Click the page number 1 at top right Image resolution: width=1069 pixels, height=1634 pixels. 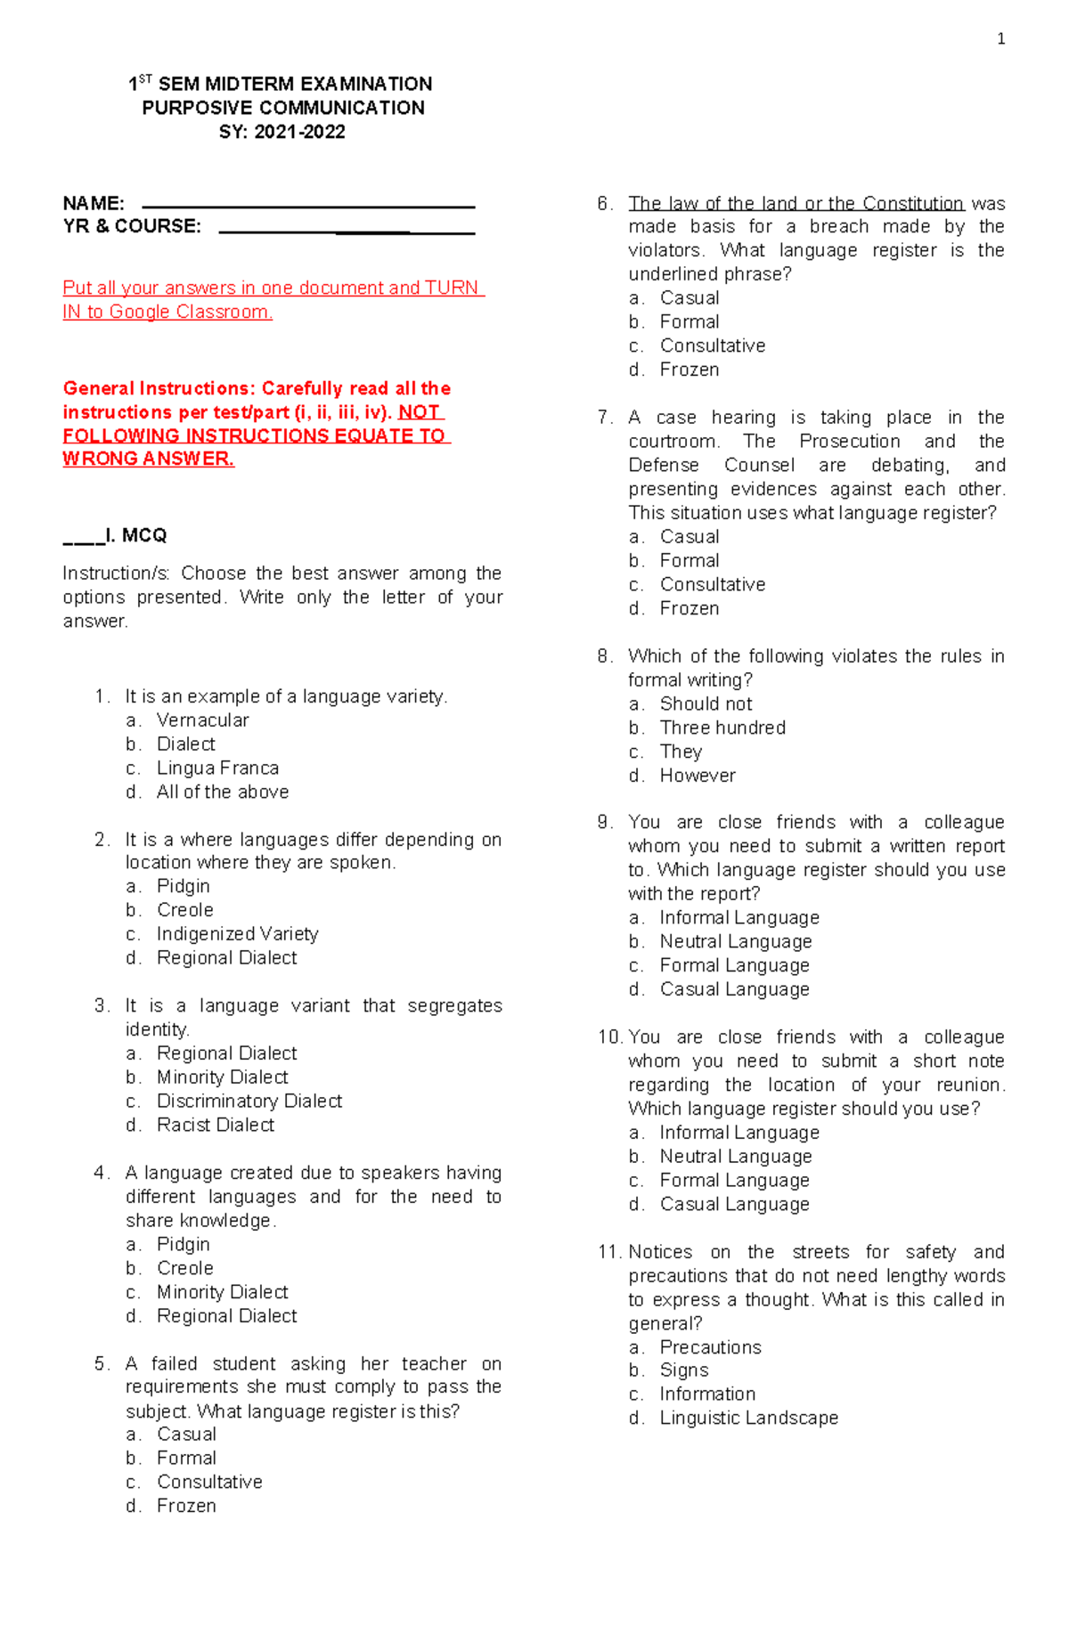coord(1001,38)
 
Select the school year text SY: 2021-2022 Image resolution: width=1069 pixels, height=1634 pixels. coord(282,133)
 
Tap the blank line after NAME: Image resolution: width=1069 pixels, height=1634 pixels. coord(308,207)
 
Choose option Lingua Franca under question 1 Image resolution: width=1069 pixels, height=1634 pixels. coord(217,768)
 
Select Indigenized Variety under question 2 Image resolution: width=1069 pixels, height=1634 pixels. coord(237,934)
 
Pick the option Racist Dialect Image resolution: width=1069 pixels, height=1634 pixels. coord(216,1126)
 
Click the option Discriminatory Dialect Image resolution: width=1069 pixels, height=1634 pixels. coord(249,1102)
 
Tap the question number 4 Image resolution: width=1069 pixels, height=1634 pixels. coord(100,1173)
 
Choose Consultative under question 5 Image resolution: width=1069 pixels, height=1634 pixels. coord(209,1482)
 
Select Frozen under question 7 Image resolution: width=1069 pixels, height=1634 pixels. coord(690,609)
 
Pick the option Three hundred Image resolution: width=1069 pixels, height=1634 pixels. coord(722,728)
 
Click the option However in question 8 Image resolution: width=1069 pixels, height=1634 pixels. coord(698,776)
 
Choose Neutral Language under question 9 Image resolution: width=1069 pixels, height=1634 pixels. coord(736,942)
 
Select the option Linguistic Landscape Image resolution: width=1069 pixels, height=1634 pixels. coord(748,1419)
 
